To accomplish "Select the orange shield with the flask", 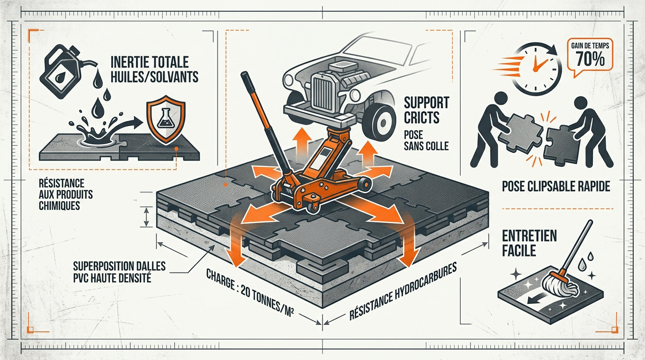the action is (165, 120).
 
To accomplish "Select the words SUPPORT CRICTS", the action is (426, 110).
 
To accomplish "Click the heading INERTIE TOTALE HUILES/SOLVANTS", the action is (154, 70).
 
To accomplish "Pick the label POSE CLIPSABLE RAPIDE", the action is (556, 187).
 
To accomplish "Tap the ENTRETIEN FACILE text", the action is (529, 243).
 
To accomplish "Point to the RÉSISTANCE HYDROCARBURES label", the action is (403, 291).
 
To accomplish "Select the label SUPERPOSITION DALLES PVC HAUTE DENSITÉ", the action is (119, 271).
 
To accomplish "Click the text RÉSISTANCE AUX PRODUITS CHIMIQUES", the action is (66, 194).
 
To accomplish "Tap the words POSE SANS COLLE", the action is (426, 140).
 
